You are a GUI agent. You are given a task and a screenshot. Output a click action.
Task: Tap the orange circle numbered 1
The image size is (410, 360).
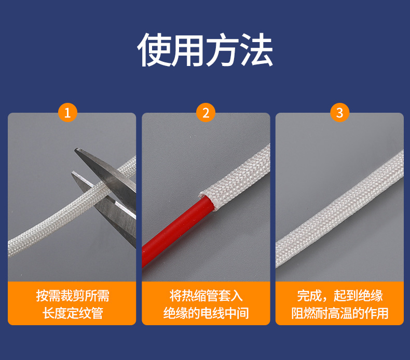click(x=67, y=112)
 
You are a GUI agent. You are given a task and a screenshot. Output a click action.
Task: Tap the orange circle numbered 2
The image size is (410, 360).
click(x=206, y=112)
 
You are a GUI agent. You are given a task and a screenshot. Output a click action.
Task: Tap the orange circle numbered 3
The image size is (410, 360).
click(x=339, y=112)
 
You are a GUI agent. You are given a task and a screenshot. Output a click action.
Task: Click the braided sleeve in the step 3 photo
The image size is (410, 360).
click(x=339, y=208)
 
